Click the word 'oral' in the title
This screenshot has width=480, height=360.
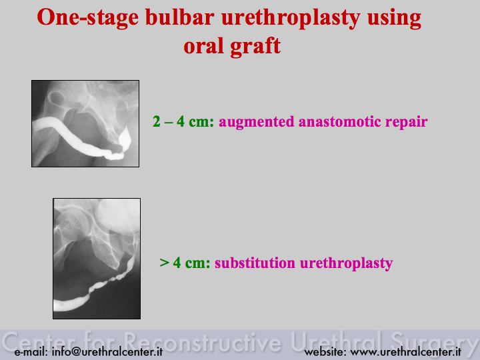tap(203, 46)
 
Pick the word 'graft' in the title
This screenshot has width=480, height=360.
tap(255, 46)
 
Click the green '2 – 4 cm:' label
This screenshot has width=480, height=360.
tap(183, 121)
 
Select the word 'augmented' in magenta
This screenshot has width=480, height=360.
tap(256, 122)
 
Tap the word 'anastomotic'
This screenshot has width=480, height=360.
tap(339, 121)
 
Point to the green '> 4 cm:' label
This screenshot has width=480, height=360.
tap(185, 263)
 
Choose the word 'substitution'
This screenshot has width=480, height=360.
tap(255, 263)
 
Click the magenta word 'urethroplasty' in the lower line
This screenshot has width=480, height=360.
tap(346, 263)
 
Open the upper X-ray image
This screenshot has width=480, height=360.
tap(85, 124)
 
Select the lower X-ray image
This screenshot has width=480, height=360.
tap(97, 259)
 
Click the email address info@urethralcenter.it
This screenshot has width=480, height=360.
tap(89, 352)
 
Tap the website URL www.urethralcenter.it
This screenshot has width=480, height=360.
tap(383, 352)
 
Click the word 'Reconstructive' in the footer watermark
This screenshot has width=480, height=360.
tap(203, 341)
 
